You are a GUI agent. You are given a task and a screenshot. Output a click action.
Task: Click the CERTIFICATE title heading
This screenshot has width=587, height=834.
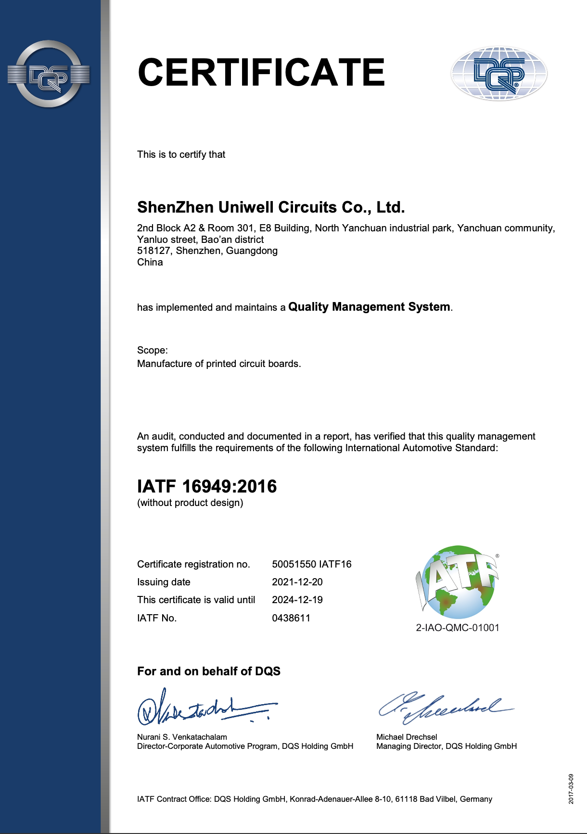click(x=261, y=73)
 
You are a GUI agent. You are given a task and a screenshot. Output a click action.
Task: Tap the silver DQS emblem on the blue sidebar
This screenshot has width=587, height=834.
click(x=49, y=74)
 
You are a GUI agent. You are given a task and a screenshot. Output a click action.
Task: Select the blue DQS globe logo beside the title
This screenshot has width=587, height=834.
click(x=499, y=74)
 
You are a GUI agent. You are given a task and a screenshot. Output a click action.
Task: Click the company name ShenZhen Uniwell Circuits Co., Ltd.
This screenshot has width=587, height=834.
click(x=271, y=207)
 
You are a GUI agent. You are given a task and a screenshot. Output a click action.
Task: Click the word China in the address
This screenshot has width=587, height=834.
click(x=150, y=262)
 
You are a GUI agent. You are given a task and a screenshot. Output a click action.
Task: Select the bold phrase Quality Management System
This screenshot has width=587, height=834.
click(x=369, y=307)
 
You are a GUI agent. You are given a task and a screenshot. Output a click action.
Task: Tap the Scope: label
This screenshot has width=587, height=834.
click(x=153, y=350)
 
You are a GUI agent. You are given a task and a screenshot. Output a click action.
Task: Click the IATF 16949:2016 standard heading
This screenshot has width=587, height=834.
click(x=207, y=486)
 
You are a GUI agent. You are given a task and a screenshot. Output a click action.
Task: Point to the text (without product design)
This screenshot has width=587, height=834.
click(x=190, y=503)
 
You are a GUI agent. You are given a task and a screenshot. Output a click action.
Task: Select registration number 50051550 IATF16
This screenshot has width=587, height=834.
click(x=312, y=564)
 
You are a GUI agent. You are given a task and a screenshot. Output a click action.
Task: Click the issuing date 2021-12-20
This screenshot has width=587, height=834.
click(x=297, y=582)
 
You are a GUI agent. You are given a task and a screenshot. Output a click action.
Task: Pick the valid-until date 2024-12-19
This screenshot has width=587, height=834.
click(x=297, y=600)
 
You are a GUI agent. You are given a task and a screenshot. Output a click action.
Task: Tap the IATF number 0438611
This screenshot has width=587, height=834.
click(x=291, y=618)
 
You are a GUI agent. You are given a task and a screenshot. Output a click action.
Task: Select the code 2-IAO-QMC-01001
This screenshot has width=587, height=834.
click(x=458, y=628)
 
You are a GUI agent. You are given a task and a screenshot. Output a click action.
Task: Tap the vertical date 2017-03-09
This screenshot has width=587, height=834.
click(x=571, y=789)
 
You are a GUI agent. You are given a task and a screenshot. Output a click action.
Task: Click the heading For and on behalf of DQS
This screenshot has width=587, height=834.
click(x=209, y=671)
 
